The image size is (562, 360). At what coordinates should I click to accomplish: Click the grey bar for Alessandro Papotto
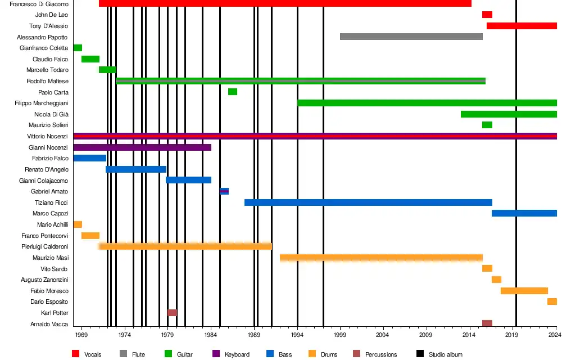pyautogui.click(x=411, y=37)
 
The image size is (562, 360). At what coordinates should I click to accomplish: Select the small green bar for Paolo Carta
pyautogui.click(x=233, y=92)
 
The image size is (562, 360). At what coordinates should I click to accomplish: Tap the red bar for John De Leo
pyautogui.click(x=487, y=15)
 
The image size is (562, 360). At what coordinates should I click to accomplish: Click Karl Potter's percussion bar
pyautogui.click(x=172, y=313)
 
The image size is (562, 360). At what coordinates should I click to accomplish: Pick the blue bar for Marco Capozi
pyautogui.click(x=524, y=213)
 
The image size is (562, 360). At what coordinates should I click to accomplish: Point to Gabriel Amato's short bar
pyautogui.click(x=224, y=191)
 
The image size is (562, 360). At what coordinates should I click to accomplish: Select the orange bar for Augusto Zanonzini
pyautogui.click(x=496, y=280)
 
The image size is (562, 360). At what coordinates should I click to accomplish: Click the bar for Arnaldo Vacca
pyautogui.click(x=487, y=323)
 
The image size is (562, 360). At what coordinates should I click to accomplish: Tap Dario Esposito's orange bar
pyautogui.click(x=552, y=301)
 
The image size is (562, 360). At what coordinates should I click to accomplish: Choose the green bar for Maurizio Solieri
pyautogui.click(x=487, y=125)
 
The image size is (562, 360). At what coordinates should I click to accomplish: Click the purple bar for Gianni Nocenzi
pyautogui.click(x=142, y=147)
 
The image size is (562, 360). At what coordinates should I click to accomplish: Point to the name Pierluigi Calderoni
pyautogui.click(x=45, y=246)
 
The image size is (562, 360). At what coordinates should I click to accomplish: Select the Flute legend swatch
pyautogui.click(x=123, y=354)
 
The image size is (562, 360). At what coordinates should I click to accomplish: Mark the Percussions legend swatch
pyautogui.click(x=356, y=354)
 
